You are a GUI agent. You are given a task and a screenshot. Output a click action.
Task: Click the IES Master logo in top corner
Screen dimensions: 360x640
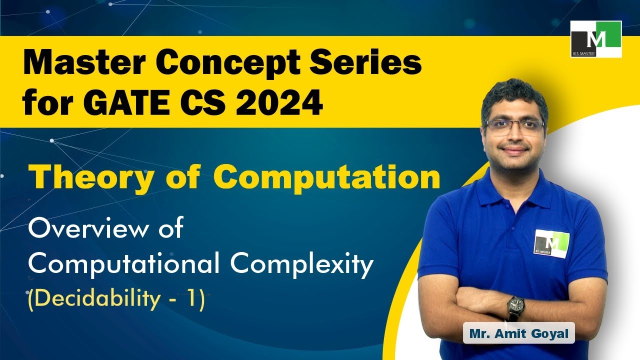click(596, 39)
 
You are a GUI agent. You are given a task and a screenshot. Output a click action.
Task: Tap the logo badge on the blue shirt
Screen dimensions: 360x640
click(551, 243)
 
